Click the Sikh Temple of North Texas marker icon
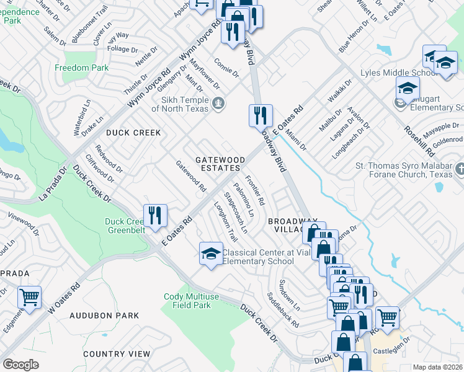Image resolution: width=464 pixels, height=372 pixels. pos(218,102)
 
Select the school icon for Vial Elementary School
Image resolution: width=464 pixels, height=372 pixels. pos(211,253)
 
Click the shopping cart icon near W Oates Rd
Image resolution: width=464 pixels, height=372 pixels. pos(29,298)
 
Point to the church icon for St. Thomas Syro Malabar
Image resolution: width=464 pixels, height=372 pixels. pos(460,169)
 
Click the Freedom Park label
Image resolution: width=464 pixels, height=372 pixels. pos(81,68)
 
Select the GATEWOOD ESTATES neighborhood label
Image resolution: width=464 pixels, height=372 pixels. pos(220,164)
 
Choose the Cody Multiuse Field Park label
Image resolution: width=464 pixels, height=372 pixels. pos(191,301)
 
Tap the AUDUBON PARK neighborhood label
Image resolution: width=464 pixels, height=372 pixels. pos(104,316)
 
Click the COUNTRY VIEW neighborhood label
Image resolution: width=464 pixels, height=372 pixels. pos(117,353)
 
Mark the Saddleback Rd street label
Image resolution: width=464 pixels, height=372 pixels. pos(283,310)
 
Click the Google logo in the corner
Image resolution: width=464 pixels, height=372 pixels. pos(20,365)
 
